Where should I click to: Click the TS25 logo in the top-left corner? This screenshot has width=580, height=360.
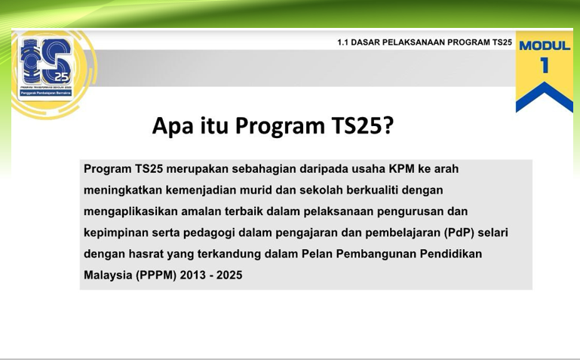coord(47,66)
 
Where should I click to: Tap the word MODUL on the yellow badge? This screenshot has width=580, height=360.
coord(545,45)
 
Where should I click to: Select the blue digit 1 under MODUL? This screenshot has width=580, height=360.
coord(545,66)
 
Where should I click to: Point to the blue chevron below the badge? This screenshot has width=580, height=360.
coord(544,96)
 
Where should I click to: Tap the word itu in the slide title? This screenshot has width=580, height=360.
coord(214,126)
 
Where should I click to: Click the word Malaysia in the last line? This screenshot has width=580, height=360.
coord(108,275)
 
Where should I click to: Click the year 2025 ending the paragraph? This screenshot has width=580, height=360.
coord(229,275)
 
